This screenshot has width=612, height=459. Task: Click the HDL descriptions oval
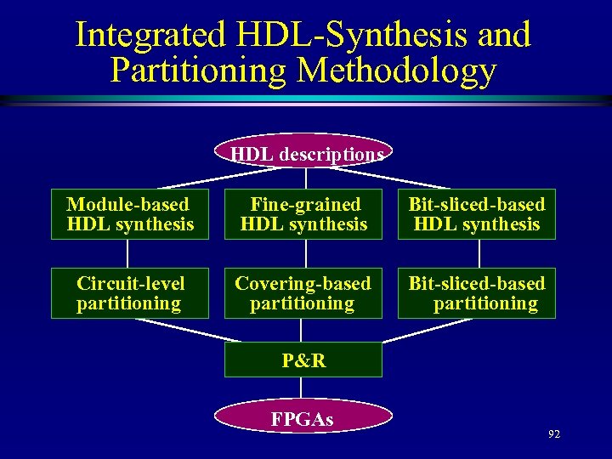pos(303,151)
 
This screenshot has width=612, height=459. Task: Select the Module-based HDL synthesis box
pos(129,214)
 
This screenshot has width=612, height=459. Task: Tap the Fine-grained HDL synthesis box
pos(303,214)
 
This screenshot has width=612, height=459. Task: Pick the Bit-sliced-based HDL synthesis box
pos(476,214)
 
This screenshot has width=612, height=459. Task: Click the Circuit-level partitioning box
pos(129,293)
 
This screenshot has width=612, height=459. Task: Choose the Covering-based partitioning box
pos(303,293)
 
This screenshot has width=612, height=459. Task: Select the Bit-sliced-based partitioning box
pos(476,293)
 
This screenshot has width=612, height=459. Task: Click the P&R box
pos(303,360)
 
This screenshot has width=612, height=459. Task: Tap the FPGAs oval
pos(303,418)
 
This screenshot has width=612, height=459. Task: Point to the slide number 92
pos(554,434)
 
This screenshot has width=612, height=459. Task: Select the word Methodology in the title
pos(396,71)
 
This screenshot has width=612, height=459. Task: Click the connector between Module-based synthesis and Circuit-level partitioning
pos(127,253)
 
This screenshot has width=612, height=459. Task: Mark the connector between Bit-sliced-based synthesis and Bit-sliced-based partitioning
pos(479,253)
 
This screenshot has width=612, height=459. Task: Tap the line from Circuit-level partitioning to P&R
pos(178,330)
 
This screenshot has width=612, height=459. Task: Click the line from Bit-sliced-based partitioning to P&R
pos(429,330)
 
